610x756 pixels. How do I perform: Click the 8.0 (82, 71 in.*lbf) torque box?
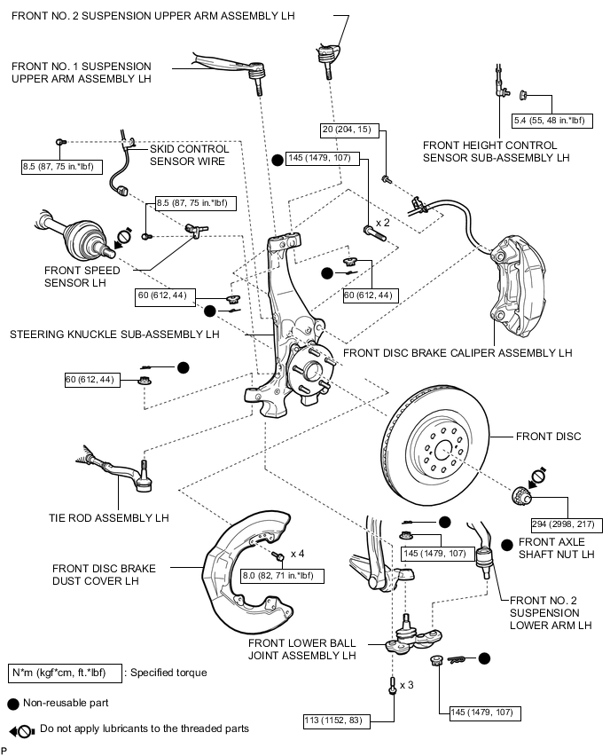click(281, 577)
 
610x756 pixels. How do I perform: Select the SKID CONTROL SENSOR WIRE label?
click(189, 155)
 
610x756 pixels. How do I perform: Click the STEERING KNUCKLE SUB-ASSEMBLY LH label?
click(114, 335)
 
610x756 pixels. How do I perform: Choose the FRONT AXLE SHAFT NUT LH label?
click(556, 547)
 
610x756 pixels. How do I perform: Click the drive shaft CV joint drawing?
click(71, 232)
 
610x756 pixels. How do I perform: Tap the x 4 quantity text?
click(298, 555)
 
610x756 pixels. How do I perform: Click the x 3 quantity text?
click(407, 685)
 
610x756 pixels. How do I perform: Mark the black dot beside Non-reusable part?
click(12, 703)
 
